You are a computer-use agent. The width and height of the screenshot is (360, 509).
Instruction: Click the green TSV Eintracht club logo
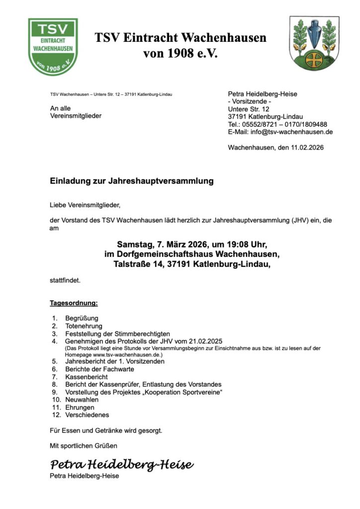53,46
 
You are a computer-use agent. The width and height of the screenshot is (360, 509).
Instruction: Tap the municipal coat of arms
314,43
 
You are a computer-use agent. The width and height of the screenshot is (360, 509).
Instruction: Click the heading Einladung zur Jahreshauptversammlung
132,181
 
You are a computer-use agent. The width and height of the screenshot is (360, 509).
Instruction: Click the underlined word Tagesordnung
74,303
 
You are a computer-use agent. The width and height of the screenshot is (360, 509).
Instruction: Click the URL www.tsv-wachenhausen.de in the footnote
123,355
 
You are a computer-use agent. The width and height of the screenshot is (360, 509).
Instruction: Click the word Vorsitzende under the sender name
249,101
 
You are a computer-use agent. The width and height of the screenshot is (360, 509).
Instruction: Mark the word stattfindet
65,280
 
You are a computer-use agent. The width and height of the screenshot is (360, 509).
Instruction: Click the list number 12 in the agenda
56,415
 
